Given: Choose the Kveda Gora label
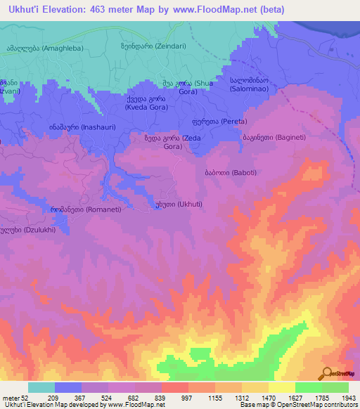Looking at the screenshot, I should click(x=146, y=104).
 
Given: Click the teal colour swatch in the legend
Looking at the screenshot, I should click(x=41, y=387).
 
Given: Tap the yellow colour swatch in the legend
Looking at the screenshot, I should click(x=282, y=387).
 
